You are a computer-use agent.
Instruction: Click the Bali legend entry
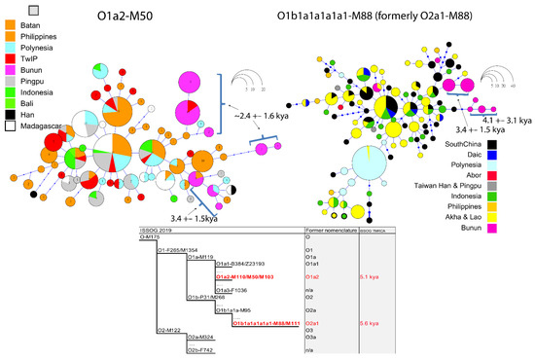(x=26, y=120)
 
